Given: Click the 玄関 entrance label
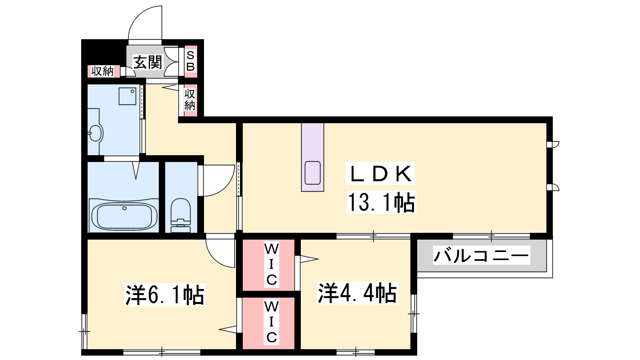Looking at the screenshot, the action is (x=148, y=62).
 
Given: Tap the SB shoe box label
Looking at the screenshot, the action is (x=190, y=61).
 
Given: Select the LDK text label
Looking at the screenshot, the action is (x=380, y=174).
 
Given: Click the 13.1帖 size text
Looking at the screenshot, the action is (x=382, y=202).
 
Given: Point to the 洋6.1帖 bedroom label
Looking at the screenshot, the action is (x=165, y=294).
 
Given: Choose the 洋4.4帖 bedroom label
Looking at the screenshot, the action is (x=358, y=292).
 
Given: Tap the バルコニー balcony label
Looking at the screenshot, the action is (x=482, y=255).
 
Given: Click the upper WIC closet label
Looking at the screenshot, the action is (x=271, y=264).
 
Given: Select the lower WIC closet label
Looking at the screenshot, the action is (x=271, y=322).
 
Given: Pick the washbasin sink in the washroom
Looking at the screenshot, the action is (x=96, y=133).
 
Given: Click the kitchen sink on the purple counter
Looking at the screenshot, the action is (x=312, y=173).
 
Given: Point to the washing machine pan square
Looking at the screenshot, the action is (x=128, y=96).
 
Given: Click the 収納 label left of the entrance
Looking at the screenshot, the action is (x=102, y=71).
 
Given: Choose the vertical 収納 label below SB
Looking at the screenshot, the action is (x=190, y=100).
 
